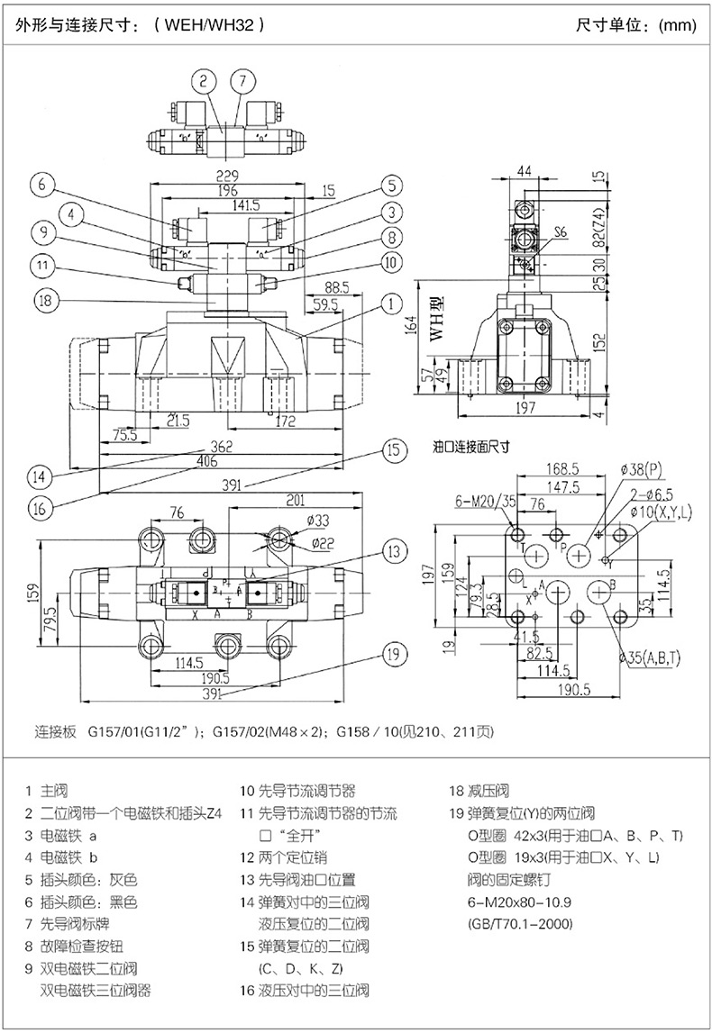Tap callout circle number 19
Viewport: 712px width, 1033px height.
click(390, 655)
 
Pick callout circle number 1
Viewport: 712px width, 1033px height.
click(389, 304)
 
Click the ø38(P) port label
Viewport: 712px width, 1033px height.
click(642, 469)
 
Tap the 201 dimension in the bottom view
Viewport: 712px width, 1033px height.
click(296, 501)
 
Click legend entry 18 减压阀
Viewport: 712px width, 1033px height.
click(479, 792)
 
